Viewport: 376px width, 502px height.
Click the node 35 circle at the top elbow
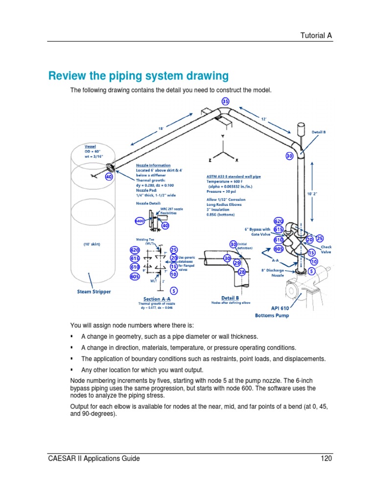tap(225, 101)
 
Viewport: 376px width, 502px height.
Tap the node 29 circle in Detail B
tap(237, 263)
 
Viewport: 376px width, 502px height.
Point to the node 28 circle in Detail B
tap(241, 271)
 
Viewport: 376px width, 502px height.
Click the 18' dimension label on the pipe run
tap(161, 128)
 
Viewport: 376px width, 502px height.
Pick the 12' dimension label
tap(263, 119)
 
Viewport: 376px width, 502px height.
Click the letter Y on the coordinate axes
tap(223, 136)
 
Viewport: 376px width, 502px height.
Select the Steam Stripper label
tap(94, 291)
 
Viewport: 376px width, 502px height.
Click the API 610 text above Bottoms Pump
tap(268, 308)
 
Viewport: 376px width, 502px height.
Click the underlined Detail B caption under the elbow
tap(230, 298)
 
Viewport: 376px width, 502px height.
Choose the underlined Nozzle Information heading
tap(153, 165)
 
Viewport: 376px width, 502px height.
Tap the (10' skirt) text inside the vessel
tap(92, 244)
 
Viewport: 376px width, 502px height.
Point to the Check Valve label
tap(327, 250)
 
